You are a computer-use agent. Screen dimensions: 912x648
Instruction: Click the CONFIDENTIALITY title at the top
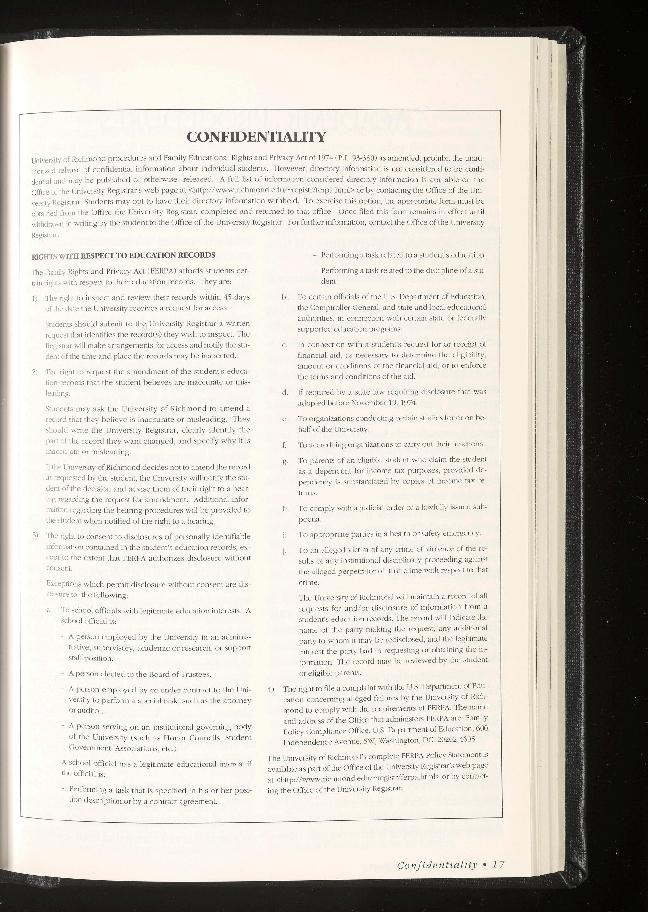[x=256, y=137]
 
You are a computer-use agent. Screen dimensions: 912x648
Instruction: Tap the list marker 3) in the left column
[x=35, y=535]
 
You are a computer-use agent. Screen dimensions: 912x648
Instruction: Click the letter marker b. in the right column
[x=284, y=297]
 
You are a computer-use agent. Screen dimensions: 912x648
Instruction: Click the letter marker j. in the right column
[x=284, y=552]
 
